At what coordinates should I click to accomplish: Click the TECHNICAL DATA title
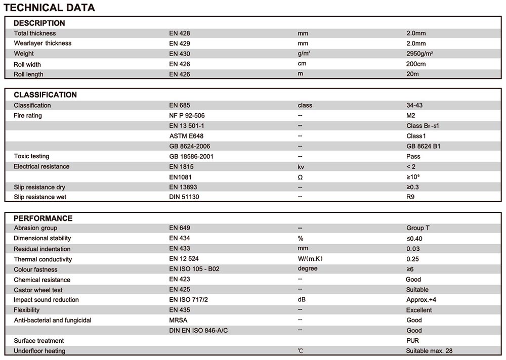(x=49, y=8)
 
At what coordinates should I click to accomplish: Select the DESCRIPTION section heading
(x=39, y=23)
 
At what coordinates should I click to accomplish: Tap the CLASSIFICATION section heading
(x=46, y=95)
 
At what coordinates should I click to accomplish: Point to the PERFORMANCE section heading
(x=43, y=218)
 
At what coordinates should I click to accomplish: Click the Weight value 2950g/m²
(x=419, y=54)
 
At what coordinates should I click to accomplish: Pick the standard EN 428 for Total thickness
(x=180, y=33)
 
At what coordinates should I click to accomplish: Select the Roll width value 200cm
(x=416, y=64)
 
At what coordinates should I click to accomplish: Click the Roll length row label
(x=28, y=74)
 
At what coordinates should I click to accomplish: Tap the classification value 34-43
(x=414, y=105)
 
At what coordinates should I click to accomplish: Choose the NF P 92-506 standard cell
(x=187, y=115)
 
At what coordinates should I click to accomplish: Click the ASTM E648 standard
(x=186, y=136)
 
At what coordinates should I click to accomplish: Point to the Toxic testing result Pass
(x=413, y=156)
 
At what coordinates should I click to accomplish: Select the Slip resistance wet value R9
(x=410, y=197)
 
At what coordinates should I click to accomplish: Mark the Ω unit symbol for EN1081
(x=300, y=177)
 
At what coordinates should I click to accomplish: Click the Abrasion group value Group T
(x=418, y=228)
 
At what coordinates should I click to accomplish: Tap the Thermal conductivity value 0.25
(x=412, y=259)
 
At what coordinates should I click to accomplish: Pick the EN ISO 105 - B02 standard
(x=194, y=269)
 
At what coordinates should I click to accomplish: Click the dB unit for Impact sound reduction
(x=302, y=299)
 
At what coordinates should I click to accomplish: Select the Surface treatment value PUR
(x=412, y=340)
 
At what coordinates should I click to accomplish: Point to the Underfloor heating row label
(x=39, y=351)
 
